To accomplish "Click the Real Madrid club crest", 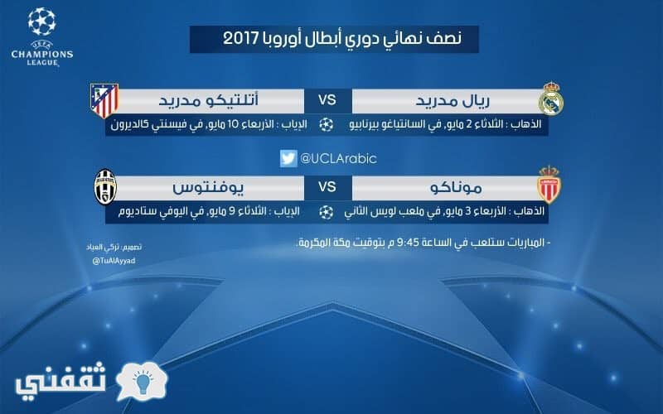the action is point(551,99).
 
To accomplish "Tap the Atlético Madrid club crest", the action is point(104,100).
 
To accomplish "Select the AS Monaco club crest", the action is point(549,184).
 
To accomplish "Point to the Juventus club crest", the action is point(105,187).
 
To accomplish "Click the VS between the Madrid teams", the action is point(327,100).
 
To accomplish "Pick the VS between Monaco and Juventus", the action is point(327,187).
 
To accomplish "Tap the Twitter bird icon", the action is point(288,158).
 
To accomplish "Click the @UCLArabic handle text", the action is point(338,158).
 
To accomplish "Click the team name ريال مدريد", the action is point(452,100).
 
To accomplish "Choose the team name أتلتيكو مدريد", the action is point(209,100).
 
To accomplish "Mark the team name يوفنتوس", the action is point(208,188).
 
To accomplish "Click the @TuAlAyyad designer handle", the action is point(114,261).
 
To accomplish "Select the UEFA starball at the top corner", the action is point(42,22).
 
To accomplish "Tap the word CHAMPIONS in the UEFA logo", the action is point(42,54).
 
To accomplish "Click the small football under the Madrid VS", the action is point(326,125).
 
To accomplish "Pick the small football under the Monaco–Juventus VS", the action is point(326,212).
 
